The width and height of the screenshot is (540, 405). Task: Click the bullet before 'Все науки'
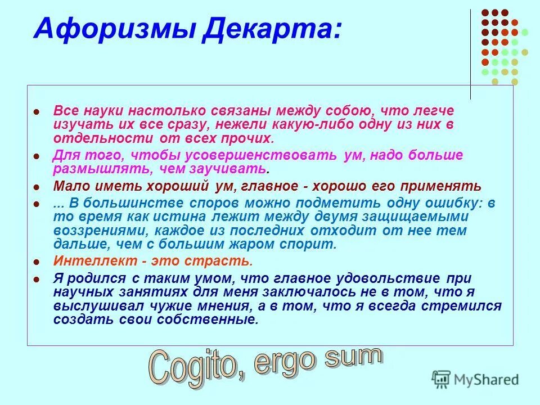coord(37,112)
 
